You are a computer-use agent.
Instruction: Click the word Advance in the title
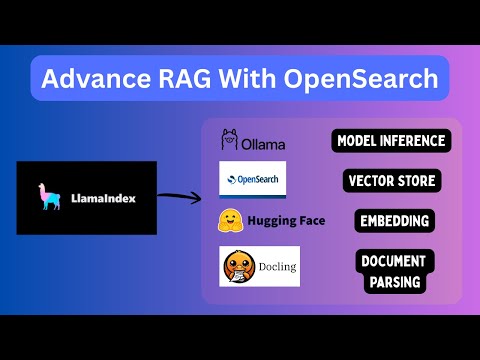pos(94,78)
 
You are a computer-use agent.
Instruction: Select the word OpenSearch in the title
pos(363,78)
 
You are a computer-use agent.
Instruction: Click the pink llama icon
pos(42,197)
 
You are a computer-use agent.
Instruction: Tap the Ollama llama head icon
pos(228,140)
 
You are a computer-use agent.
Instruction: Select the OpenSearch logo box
pos(252,179)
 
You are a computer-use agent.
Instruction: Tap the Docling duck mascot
pos(236,265)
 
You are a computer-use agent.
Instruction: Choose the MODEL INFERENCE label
pos(391,141)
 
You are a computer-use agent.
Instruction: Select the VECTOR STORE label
pos(391,181)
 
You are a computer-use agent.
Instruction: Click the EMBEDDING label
pos(392,220)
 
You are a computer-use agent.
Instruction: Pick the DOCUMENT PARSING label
pos(392,271)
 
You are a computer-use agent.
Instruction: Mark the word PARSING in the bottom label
pos(392,282)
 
